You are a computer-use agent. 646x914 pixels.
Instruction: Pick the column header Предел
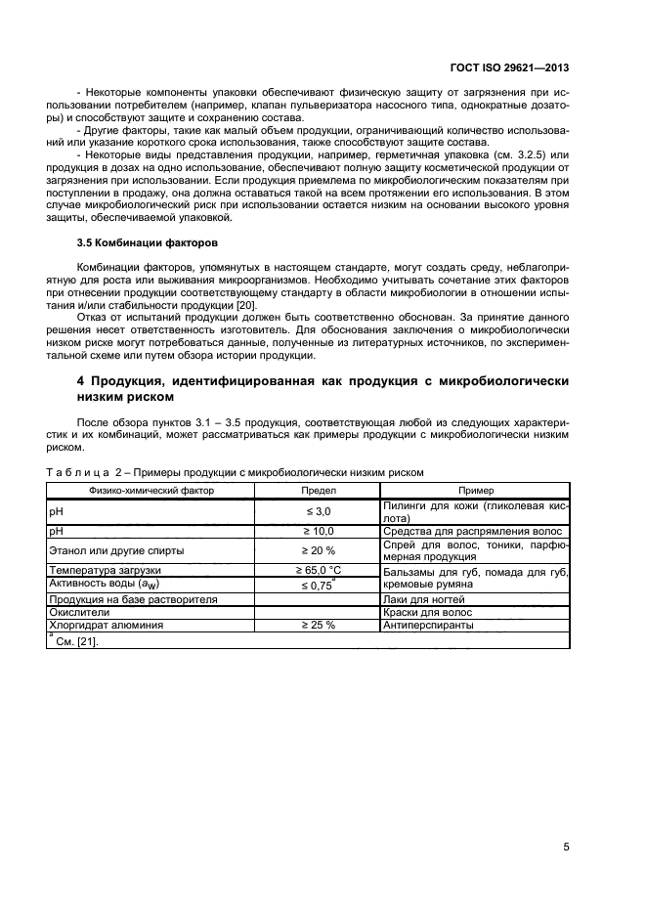(x=315, y=490)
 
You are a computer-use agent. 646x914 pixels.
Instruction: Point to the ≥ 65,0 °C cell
(x=317, y=569)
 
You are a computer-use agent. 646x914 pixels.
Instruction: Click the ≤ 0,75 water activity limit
(x=315, y=584)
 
